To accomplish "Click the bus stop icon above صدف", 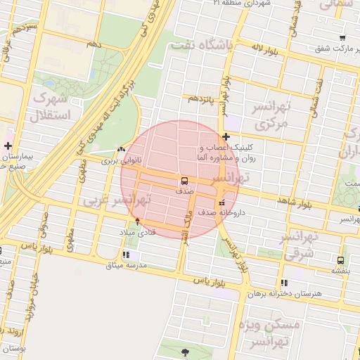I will coord(184,181).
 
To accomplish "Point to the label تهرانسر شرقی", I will coord(300,245).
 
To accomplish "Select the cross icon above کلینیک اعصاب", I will coord(225,136).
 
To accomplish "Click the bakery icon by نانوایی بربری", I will coord(122,149).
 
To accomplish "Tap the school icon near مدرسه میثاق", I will coord(126,255).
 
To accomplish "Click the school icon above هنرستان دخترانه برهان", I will coord(284,283).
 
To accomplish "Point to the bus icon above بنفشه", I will coord(341,259).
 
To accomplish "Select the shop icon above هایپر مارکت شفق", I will coord(342,38).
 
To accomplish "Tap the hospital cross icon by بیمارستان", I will coord(8,146).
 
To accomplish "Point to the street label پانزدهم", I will coord(202,99).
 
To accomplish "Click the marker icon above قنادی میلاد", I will coord(137,221).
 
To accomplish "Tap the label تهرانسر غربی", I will coord(115,200).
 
